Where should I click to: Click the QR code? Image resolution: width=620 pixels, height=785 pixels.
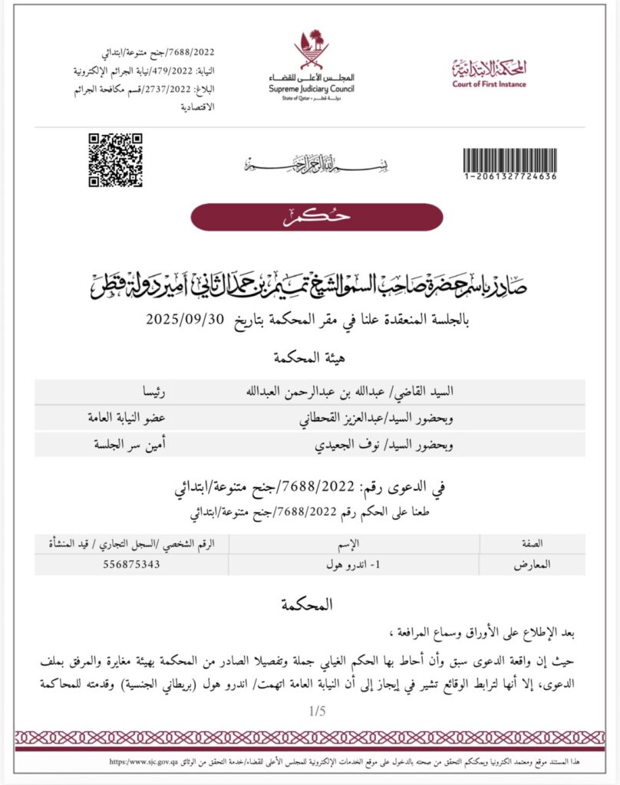(x=115, y=160)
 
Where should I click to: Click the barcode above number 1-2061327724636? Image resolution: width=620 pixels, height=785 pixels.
(x=509, y=159)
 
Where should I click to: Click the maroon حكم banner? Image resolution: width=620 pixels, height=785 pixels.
(x=317, y=217)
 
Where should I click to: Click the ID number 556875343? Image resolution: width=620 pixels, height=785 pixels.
(x=133, y=564)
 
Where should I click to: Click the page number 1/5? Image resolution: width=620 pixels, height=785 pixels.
(x=317, y=711)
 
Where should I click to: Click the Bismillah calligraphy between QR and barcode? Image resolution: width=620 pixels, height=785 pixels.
(x=317, y=163)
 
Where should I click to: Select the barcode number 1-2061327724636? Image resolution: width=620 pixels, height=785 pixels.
(x=509, y=177)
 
